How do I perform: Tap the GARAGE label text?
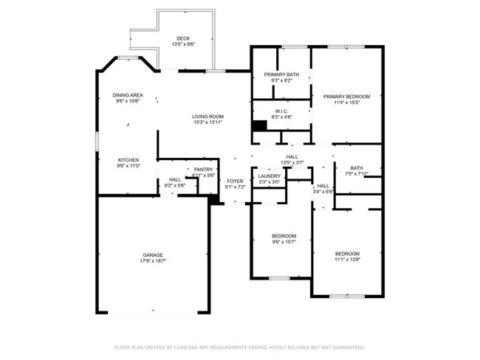[x=153, y=255]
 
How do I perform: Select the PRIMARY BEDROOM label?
[x=346, y=97]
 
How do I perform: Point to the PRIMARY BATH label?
[x=281, y=75]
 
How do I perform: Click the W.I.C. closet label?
[x=281, y=111]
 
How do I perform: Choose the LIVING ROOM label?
[x=208, y=116]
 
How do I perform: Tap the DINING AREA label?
[x=128, y=95]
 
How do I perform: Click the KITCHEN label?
[x=128, y=160]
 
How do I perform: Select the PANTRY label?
[x=204, y=170]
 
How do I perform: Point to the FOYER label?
[x=235, y=181]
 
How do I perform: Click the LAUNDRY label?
[x=269, y=176]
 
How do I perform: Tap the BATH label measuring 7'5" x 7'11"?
[x=357, y=167]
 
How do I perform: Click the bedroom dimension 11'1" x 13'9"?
[x=347, y=260]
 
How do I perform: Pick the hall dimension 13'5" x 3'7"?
[x=292, y=162]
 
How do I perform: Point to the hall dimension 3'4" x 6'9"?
[x=323, y=191]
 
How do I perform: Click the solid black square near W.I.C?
[x=258, y=126]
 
